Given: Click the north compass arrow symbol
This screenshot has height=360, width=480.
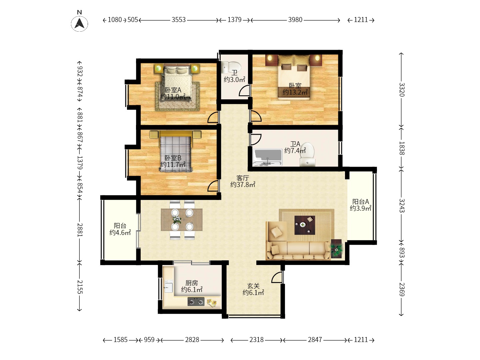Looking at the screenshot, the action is click(x=79, y=23).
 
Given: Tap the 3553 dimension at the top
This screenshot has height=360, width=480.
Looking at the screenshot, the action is click(x=178, y=20).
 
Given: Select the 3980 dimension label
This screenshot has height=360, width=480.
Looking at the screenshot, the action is click(x=295, y=20).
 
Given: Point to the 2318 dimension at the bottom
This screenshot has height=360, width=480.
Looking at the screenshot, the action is click(x=257, y=339).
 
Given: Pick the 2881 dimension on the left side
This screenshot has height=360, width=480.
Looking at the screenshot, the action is click(x=80, y=230).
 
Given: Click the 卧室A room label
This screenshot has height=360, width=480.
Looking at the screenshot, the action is click(x=173, y=90).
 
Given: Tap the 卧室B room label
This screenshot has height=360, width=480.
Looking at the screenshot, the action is click(x=173, y=158).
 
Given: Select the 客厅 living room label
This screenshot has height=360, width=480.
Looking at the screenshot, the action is click(x=243, y=178).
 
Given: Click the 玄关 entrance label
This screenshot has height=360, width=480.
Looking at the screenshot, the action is click(x=253, y=286).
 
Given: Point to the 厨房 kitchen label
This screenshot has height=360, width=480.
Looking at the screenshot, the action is click(x=192, y=283).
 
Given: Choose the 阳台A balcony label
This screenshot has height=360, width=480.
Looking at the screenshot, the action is click(x=360, y=202).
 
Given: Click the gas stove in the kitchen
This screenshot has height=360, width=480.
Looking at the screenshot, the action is click(x=196, y=302).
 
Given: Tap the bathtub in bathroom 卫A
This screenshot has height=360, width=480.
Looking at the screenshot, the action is click(x=267, y=157).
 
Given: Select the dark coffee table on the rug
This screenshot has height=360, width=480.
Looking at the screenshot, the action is click(x=305, y=225).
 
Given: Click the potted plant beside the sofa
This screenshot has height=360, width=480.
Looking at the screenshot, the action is click(x=336, y=249).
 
